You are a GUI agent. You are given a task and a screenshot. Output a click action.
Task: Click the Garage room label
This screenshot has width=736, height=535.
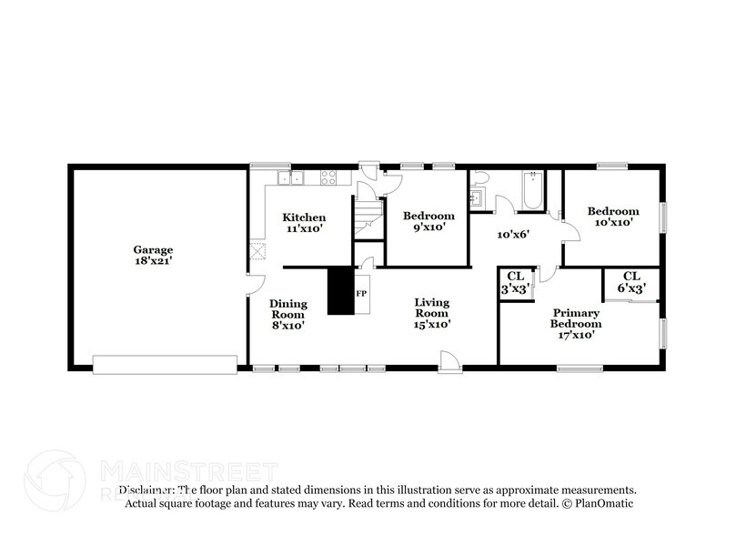click(153, 249)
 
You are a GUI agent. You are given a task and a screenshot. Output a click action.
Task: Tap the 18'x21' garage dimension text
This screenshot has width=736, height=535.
click(153, 260)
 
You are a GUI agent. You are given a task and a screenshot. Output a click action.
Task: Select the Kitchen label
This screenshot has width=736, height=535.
click(303, 217)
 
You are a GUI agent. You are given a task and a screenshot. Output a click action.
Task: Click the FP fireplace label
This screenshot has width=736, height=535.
click(360, 294)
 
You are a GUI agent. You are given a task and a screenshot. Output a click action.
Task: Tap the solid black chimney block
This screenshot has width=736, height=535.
click(340, 291)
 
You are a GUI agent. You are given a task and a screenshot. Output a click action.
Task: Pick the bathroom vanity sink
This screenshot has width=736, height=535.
click(476, 197)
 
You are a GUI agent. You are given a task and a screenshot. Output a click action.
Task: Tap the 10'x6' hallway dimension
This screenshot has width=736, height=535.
click(512, 234)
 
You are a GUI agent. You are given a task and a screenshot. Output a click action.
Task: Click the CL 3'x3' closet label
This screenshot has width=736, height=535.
click(515, 281)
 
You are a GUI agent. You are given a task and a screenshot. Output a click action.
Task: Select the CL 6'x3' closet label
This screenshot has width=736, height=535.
click(631, 281)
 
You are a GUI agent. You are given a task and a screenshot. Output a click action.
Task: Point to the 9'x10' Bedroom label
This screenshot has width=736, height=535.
click(428, 221)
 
